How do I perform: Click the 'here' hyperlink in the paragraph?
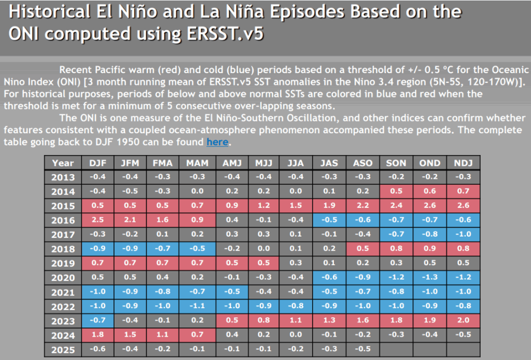(x=217, y=142)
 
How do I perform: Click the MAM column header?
(x=198, y=163)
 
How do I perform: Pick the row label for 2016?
(x=63, y=220)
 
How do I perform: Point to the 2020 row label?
(x=63, y=278)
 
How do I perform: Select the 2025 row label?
(x=63, y=350)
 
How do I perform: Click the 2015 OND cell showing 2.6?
(x=430, y=206)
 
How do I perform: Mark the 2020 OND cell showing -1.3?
(x=430, y=278)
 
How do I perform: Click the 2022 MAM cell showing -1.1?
(x=198, y=307)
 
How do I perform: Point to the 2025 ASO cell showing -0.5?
(x=362, y=350)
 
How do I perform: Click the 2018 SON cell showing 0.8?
(x=396, y=249)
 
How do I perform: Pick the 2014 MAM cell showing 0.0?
(x=198, y=191)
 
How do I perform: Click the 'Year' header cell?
(x=63, y=163)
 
